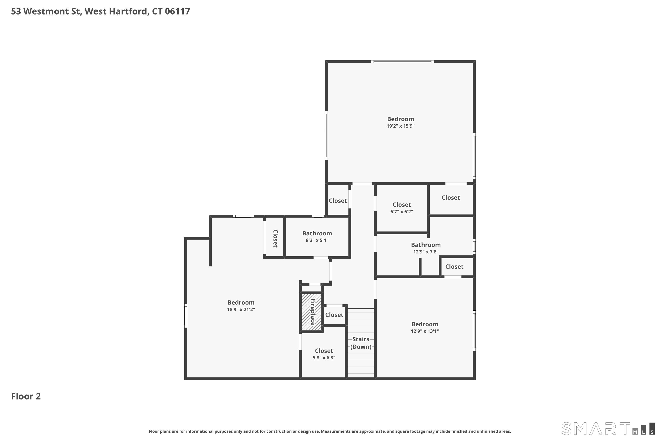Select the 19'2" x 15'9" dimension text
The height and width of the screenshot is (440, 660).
coord(400,126)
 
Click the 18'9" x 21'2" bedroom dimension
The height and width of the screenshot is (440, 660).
coord(241,310)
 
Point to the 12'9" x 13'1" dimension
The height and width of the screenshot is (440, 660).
coord(425,331)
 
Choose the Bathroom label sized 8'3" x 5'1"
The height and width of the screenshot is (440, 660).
coord(317,233)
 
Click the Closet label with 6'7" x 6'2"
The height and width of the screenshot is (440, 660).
coord(401,205)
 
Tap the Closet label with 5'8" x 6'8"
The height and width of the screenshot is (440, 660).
coord(324,351)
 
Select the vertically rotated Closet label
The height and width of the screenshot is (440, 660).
coord(275,238)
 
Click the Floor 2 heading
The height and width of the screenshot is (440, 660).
coord(26,396)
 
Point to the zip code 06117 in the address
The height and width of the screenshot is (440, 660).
coord(177,11)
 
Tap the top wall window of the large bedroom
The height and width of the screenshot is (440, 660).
coord(402,61)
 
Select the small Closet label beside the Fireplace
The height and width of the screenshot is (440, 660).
coord(334,315)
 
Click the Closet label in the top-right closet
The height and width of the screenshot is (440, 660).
coord(451,198)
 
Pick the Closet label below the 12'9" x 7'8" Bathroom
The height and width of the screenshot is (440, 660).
coord(454,267)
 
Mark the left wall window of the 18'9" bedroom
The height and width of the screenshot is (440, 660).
coord(185,316)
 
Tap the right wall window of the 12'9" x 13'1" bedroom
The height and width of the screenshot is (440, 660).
coord(474,331)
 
